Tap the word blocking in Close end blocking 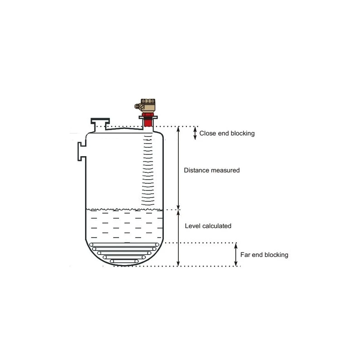pyautogui.click(x=243, y=133)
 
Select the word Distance pyautogui.click(x=196, y=171)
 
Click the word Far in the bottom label pyautogui.click(x=245, y=255)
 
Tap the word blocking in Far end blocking pyautogui.click(x=276, y=255)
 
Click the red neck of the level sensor pyautogui.click(x=148, y=120)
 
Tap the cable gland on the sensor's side pyautogui.click(x=138, y=106)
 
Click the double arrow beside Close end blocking pyautogui.click(x=195, y=133)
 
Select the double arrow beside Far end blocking pyautogui.click(x=236, y=254)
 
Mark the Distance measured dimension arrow pyautogui.click(x=178, y=168)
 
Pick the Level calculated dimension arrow pyautogui.click(x=178, y=238)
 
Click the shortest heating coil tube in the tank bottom pyautogui.click(x=124, y=261)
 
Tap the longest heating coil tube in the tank pyautogui.click(x=124, y=245)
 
